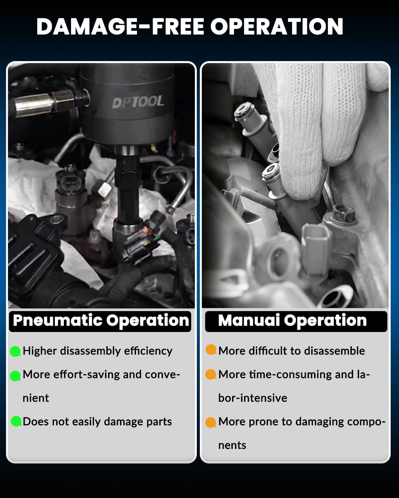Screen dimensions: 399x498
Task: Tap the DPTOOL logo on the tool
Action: pos(138,102)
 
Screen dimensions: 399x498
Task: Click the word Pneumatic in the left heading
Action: pos(58,321)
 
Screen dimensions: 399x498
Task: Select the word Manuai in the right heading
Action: pos(249,320)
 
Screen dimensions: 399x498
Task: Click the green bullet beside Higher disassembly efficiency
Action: pos(16,351)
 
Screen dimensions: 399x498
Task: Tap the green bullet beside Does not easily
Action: pos(16,421)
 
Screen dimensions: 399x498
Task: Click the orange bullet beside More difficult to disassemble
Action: pos(211,350)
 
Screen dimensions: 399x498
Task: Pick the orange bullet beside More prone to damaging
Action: pos(211,422)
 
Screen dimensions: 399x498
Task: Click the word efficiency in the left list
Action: pos(148,351)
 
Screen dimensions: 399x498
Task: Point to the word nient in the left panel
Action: pos(36,398)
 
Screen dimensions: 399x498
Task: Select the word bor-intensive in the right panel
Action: pos(253,398)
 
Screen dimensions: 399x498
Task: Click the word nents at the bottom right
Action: pos(232,445)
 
